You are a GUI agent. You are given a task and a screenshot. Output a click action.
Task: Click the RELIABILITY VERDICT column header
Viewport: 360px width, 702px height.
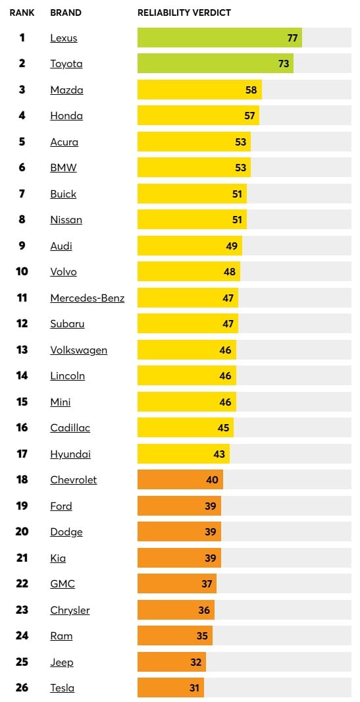[184, 13]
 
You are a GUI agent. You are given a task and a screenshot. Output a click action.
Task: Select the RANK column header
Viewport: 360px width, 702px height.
[22, 13]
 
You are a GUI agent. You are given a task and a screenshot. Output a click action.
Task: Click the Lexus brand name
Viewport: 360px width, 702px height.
[64, 38]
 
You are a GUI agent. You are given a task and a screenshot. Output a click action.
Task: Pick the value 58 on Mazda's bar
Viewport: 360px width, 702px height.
[251, 90]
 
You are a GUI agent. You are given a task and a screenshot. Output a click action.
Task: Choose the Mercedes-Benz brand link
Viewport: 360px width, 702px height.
[87, 298]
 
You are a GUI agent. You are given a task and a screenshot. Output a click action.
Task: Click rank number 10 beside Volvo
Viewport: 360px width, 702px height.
[22, 271]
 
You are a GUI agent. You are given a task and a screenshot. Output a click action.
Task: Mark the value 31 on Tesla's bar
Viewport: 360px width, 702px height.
[193, 688]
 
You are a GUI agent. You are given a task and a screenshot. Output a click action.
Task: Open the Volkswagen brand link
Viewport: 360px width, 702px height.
[78, 350]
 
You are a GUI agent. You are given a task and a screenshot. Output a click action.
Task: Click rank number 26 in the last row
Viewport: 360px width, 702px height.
[22, 688]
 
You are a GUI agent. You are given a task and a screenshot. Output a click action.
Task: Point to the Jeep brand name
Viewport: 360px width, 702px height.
[62, 662]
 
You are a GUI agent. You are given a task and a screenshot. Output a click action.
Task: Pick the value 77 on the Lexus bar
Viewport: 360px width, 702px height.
[292, 38]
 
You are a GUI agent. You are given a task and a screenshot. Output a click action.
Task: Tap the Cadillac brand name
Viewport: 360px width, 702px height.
[70, 427]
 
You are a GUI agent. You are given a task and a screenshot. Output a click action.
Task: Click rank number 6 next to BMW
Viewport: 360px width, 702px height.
[22, 167]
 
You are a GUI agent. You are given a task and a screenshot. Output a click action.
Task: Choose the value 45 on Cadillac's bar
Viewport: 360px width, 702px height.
[223, 427]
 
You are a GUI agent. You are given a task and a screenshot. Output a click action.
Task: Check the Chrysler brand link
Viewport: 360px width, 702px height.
[70, 610]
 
